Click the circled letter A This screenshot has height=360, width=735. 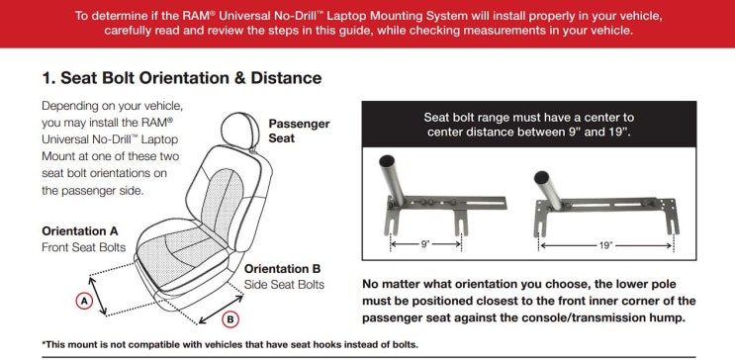(84, 302)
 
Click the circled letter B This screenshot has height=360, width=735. (230, 320)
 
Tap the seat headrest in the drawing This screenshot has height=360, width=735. (241, 131)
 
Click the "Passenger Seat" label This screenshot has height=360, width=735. (299, 131)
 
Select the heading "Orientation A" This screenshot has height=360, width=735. (80, 231)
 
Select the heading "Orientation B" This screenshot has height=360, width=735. (283, 269)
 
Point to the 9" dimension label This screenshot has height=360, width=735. (425, 244)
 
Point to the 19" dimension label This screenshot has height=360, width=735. (605, 245)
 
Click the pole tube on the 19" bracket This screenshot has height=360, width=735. (548, 190)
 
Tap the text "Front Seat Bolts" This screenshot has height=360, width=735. (84, 247)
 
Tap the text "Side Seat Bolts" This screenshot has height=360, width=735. (284, 285)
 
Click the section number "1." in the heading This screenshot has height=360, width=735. (48, 78)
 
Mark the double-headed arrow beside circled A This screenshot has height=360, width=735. (98, 296)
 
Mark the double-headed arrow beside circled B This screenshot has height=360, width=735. (221, 310)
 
